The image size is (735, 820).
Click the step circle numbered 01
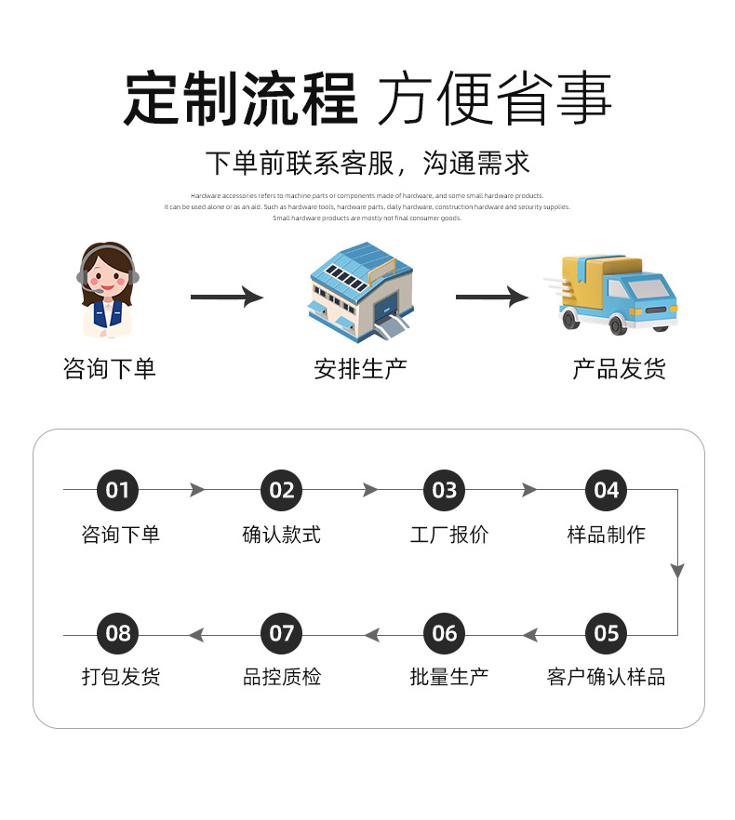(117, 490)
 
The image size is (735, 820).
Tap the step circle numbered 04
(606, 490)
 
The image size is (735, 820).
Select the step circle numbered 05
(606, 634)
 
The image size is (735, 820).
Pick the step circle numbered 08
(118, 634)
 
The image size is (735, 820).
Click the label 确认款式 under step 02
(281, 535)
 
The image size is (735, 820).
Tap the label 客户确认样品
(606, 677)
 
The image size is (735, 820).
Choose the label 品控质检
(281, 677)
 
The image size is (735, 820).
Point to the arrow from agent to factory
(226, 298)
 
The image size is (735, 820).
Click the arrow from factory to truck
(491, 298)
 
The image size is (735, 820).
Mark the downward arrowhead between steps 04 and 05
(677, 570)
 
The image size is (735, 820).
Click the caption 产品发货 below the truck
(619, 369)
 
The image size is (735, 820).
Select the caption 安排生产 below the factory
(360, 369)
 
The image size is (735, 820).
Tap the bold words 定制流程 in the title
(241, 99)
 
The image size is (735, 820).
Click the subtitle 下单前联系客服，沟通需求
(367, 164)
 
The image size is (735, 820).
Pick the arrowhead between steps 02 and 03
(370, 490)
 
